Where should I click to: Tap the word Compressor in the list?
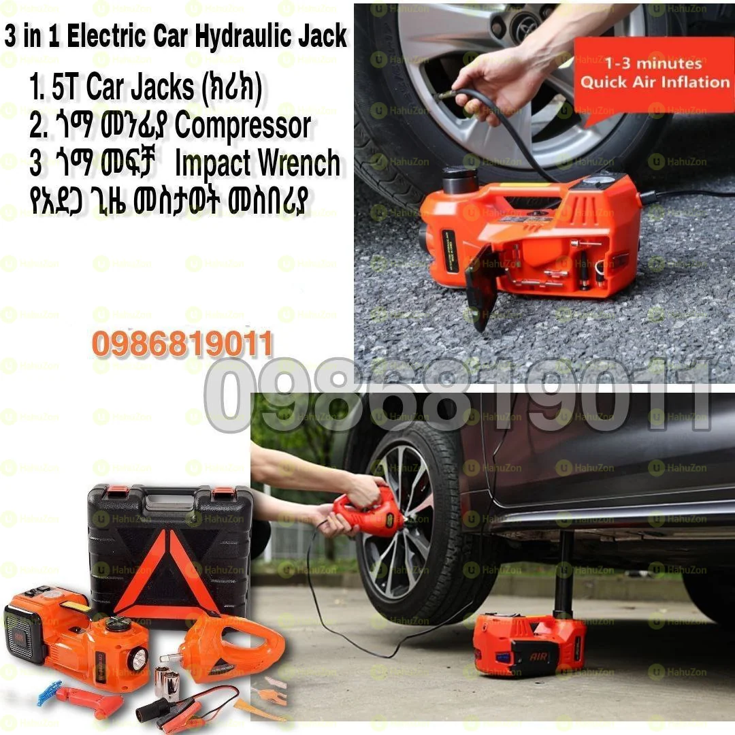pos(243,126)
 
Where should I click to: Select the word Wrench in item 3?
pos(299,163)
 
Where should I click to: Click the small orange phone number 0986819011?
pos(182,344)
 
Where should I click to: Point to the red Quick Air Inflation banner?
pos(654,75)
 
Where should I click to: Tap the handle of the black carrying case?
pos(169,502)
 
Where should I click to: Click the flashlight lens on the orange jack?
pos(139,660)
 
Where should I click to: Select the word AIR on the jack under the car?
pos(538,657)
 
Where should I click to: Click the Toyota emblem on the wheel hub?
pos(528,27)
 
